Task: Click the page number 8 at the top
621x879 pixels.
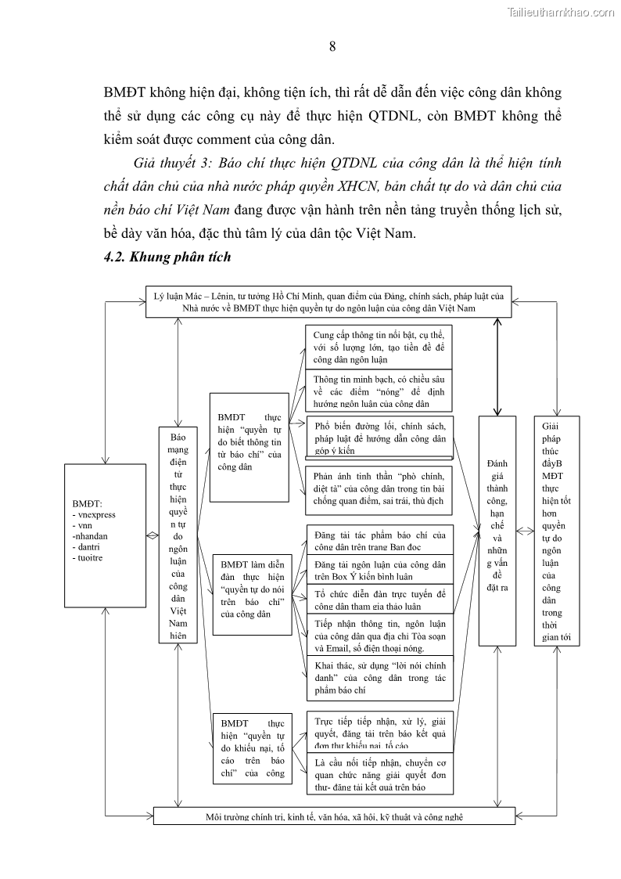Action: click(x=332, y=46)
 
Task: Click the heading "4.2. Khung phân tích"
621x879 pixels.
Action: click(x=167, y=257)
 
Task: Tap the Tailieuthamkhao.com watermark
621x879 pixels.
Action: click(x=561, y=12)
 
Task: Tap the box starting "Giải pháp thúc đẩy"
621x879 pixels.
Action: click(x=556, y=530)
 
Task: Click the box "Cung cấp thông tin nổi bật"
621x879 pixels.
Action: click(x=379, y=347)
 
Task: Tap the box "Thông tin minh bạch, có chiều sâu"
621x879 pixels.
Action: click(x=379, y=391)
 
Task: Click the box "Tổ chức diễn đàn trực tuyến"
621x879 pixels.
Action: click(x=379, y=600)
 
